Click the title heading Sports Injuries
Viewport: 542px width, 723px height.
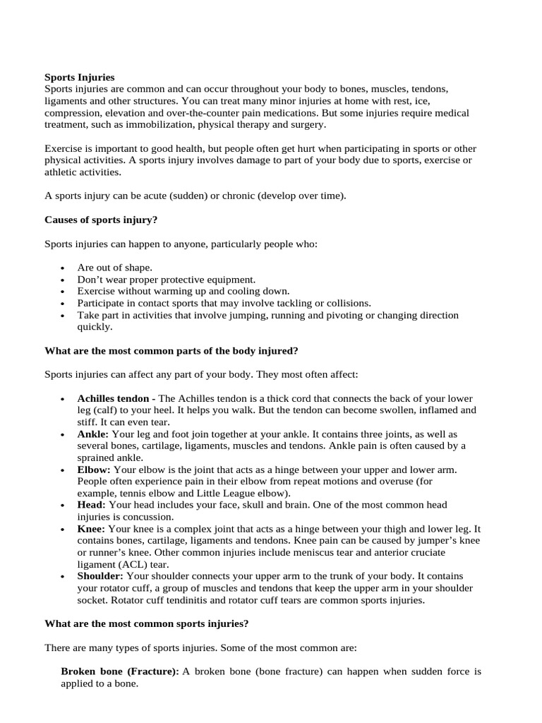(79, 77)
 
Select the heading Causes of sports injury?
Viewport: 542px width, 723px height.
(101, 220)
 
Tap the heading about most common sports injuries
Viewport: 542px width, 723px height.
(146, 623)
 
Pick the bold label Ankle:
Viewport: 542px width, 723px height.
(93, 434)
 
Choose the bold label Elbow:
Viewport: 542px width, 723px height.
(94, 469)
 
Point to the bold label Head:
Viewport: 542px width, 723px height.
(92, 505)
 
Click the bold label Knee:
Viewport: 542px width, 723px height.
(91, 528)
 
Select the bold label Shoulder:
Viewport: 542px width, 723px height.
(101, 576)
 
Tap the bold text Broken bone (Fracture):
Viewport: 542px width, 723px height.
(120, 671)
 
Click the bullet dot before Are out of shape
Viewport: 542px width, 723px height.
(63, 268)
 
